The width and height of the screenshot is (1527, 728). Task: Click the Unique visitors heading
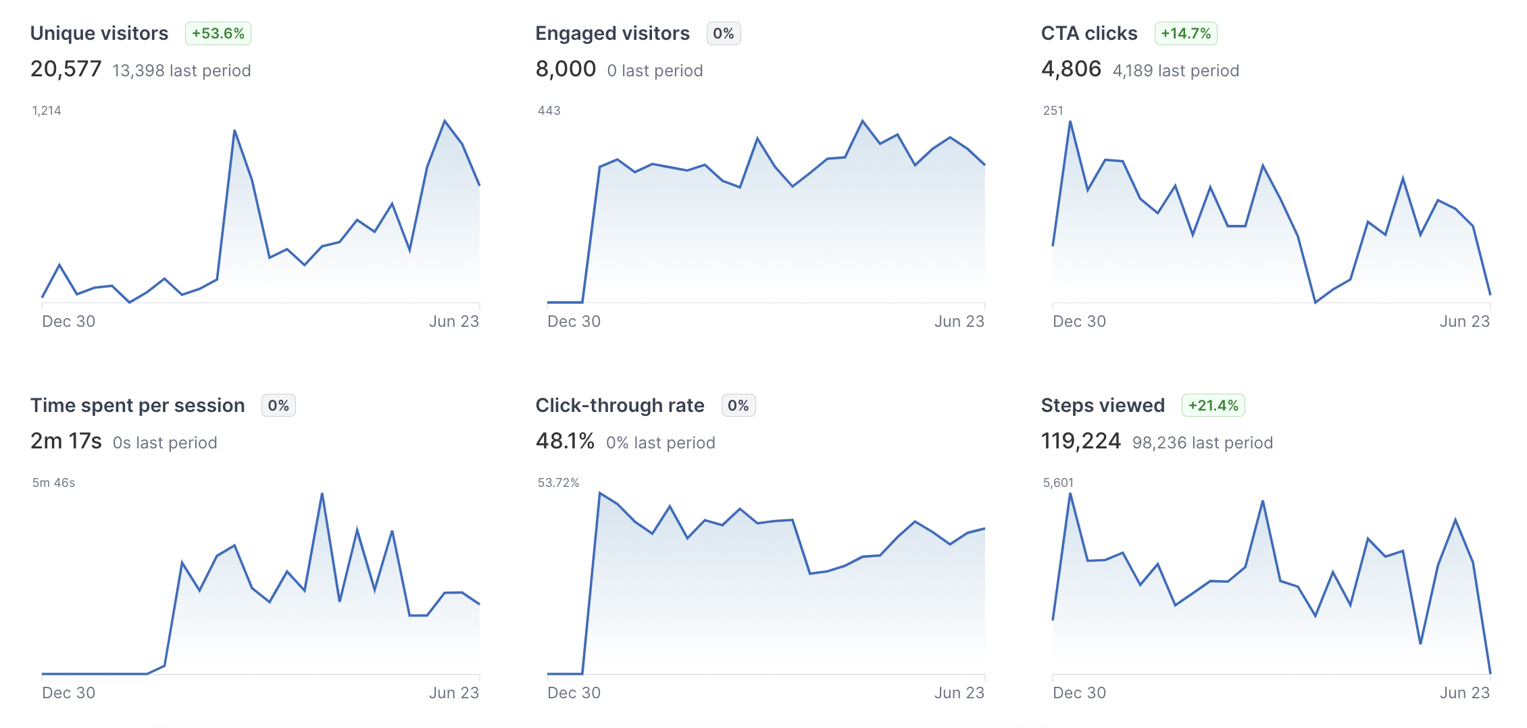[x=99, y=33]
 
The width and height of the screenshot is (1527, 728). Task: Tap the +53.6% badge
[x=218, y=33]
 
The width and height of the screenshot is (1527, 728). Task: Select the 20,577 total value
[x=66, y=69]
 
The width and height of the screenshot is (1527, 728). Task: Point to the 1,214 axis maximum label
[x=47, y=111]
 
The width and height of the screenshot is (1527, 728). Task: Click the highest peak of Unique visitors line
[x=445, y=121]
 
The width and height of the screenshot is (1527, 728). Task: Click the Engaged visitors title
[x=612, y=33]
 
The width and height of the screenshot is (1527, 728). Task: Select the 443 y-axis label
[x=549, y=111]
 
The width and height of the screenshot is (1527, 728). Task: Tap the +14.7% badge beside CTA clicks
[x=1186, y=33]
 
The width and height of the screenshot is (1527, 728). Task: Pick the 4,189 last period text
[x=1176, y=71]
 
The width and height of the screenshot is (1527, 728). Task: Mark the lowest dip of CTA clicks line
[x=1316, y=302]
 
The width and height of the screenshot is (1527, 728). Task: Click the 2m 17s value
[x=66, y=441]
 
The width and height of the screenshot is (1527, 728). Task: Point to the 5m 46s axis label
[x=53, y=483]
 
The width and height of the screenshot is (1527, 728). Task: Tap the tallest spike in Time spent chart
[x=322, y=494]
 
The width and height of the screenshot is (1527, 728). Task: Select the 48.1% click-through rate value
[x=565, y=441]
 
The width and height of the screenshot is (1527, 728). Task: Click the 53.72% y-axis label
[x=558, y=483]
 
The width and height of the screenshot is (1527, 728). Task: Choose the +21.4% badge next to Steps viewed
[x=1213, y=405]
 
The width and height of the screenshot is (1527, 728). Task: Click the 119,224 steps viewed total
[x=1080, y=441]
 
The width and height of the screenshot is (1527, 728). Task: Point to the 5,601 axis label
[x=1058, y=483]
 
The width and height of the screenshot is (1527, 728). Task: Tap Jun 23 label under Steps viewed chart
[x=1464, y=693]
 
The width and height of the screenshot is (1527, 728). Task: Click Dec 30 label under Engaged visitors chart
[x=574, y=321]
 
